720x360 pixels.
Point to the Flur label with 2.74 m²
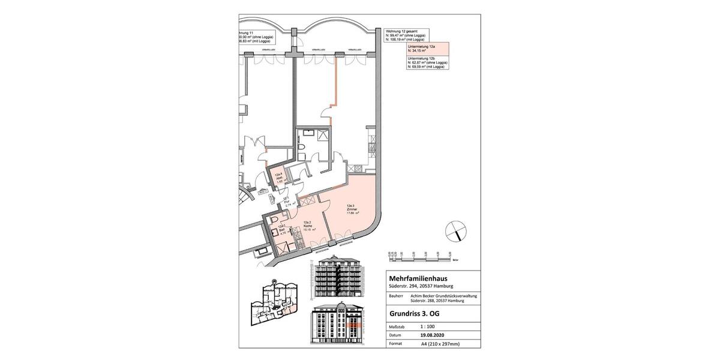287,202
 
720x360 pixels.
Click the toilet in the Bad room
274,219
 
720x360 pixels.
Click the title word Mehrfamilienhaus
418,278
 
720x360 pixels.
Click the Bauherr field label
397,296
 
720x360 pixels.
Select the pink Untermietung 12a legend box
427,49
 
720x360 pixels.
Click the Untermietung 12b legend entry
427,62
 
